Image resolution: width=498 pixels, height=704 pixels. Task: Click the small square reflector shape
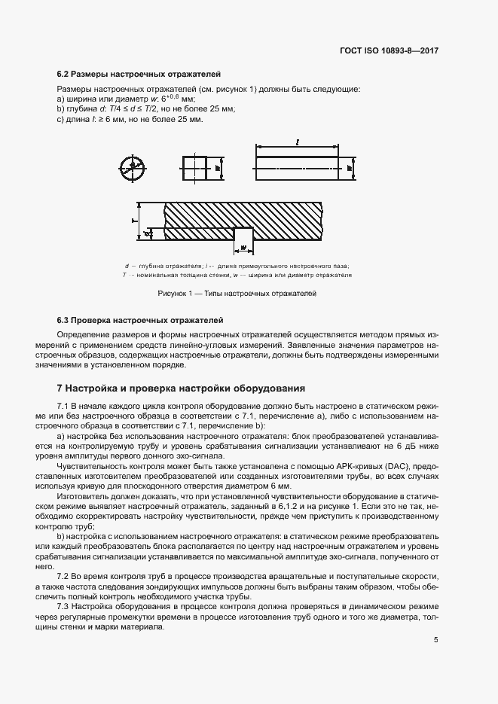[194, 169]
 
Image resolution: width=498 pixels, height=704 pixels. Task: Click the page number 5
[436, 640]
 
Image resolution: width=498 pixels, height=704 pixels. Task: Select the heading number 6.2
[63, 75]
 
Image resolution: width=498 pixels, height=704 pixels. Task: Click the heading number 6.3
[63, 320]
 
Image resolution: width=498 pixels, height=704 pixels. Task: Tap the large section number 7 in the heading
[60, 389]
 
